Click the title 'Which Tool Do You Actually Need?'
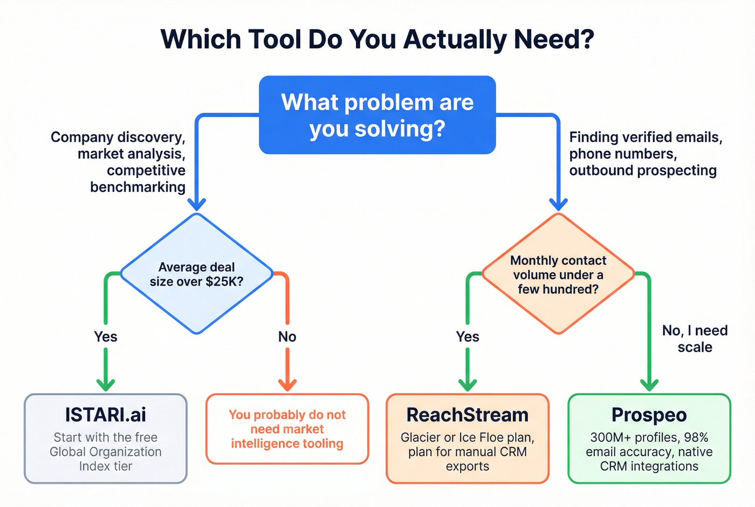377,39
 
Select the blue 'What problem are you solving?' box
377,115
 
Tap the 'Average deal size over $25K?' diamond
197,274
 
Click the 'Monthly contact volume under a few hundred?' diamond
558,274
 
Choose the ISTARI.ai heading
106,415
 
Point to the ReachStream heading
467,415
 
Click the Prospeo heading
649,415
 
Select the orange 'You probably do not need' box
287,429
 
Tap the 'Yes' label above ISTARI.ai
106,337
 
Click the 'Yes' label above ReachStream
467,337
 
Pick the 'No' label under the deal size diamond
287,337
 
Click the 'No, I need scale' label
695,339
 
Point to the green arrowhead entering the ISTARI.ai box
106,384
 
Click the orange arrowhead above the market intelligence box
287,384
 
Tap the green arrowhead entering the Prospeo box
649,384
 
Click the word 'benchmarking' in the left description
138,187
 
